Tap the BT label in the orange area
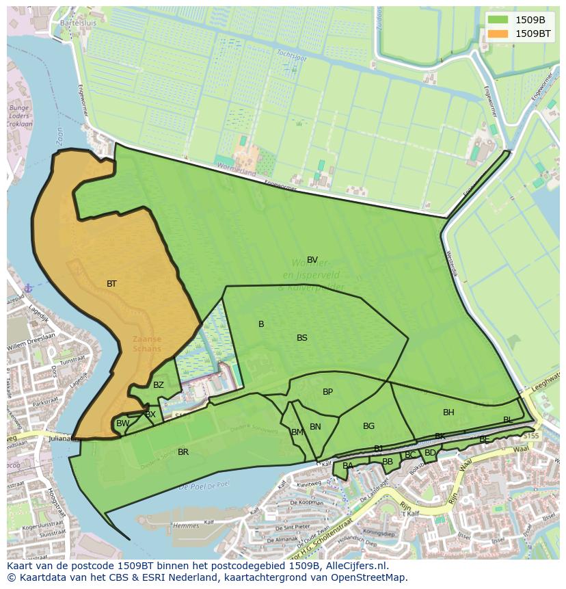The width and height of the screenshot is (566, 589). (x=111, y=283)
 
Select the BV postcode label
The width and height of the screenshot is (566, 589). (x=312, y=260)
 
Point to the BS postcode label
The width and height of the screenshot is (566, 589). (x=302, y=338)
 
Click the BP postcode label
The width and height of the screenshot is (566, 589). (x=328, y=392)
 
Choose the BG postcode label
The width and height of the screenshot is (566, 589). (x=369, y=426)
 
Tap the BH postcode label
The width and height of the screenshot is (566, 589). (x=448, y=413)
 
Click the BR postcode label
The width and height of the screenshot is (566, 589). (x=183, y=452)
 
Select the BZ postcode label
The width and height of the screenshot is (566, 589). (x=159, y=385)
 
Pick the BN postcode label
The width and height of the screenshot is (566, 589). (x=315, y=427)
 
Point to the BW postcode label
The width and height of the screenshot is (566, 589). (x=122, y=424)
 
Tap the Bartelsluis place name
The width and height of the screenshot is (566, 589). (x=79, y=22)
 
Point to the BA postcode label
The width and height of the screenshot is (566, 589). (x=348, y=466)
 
